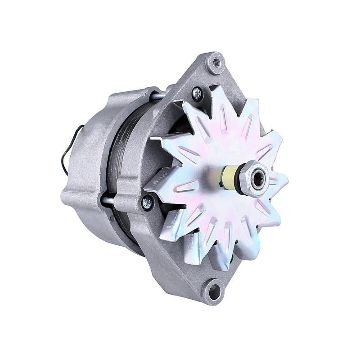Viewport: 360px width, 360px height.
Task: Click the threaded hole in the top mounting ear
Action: [x=216, y=62]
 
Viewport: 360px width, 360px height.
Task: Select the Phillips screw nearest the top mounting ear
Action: [x=197, y=94]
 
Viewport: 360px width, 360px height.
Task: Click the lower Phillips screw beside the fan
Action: [x=147, y=203]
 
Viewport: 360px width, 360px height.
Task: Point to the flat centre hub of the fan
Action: [x=211, y=180]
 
